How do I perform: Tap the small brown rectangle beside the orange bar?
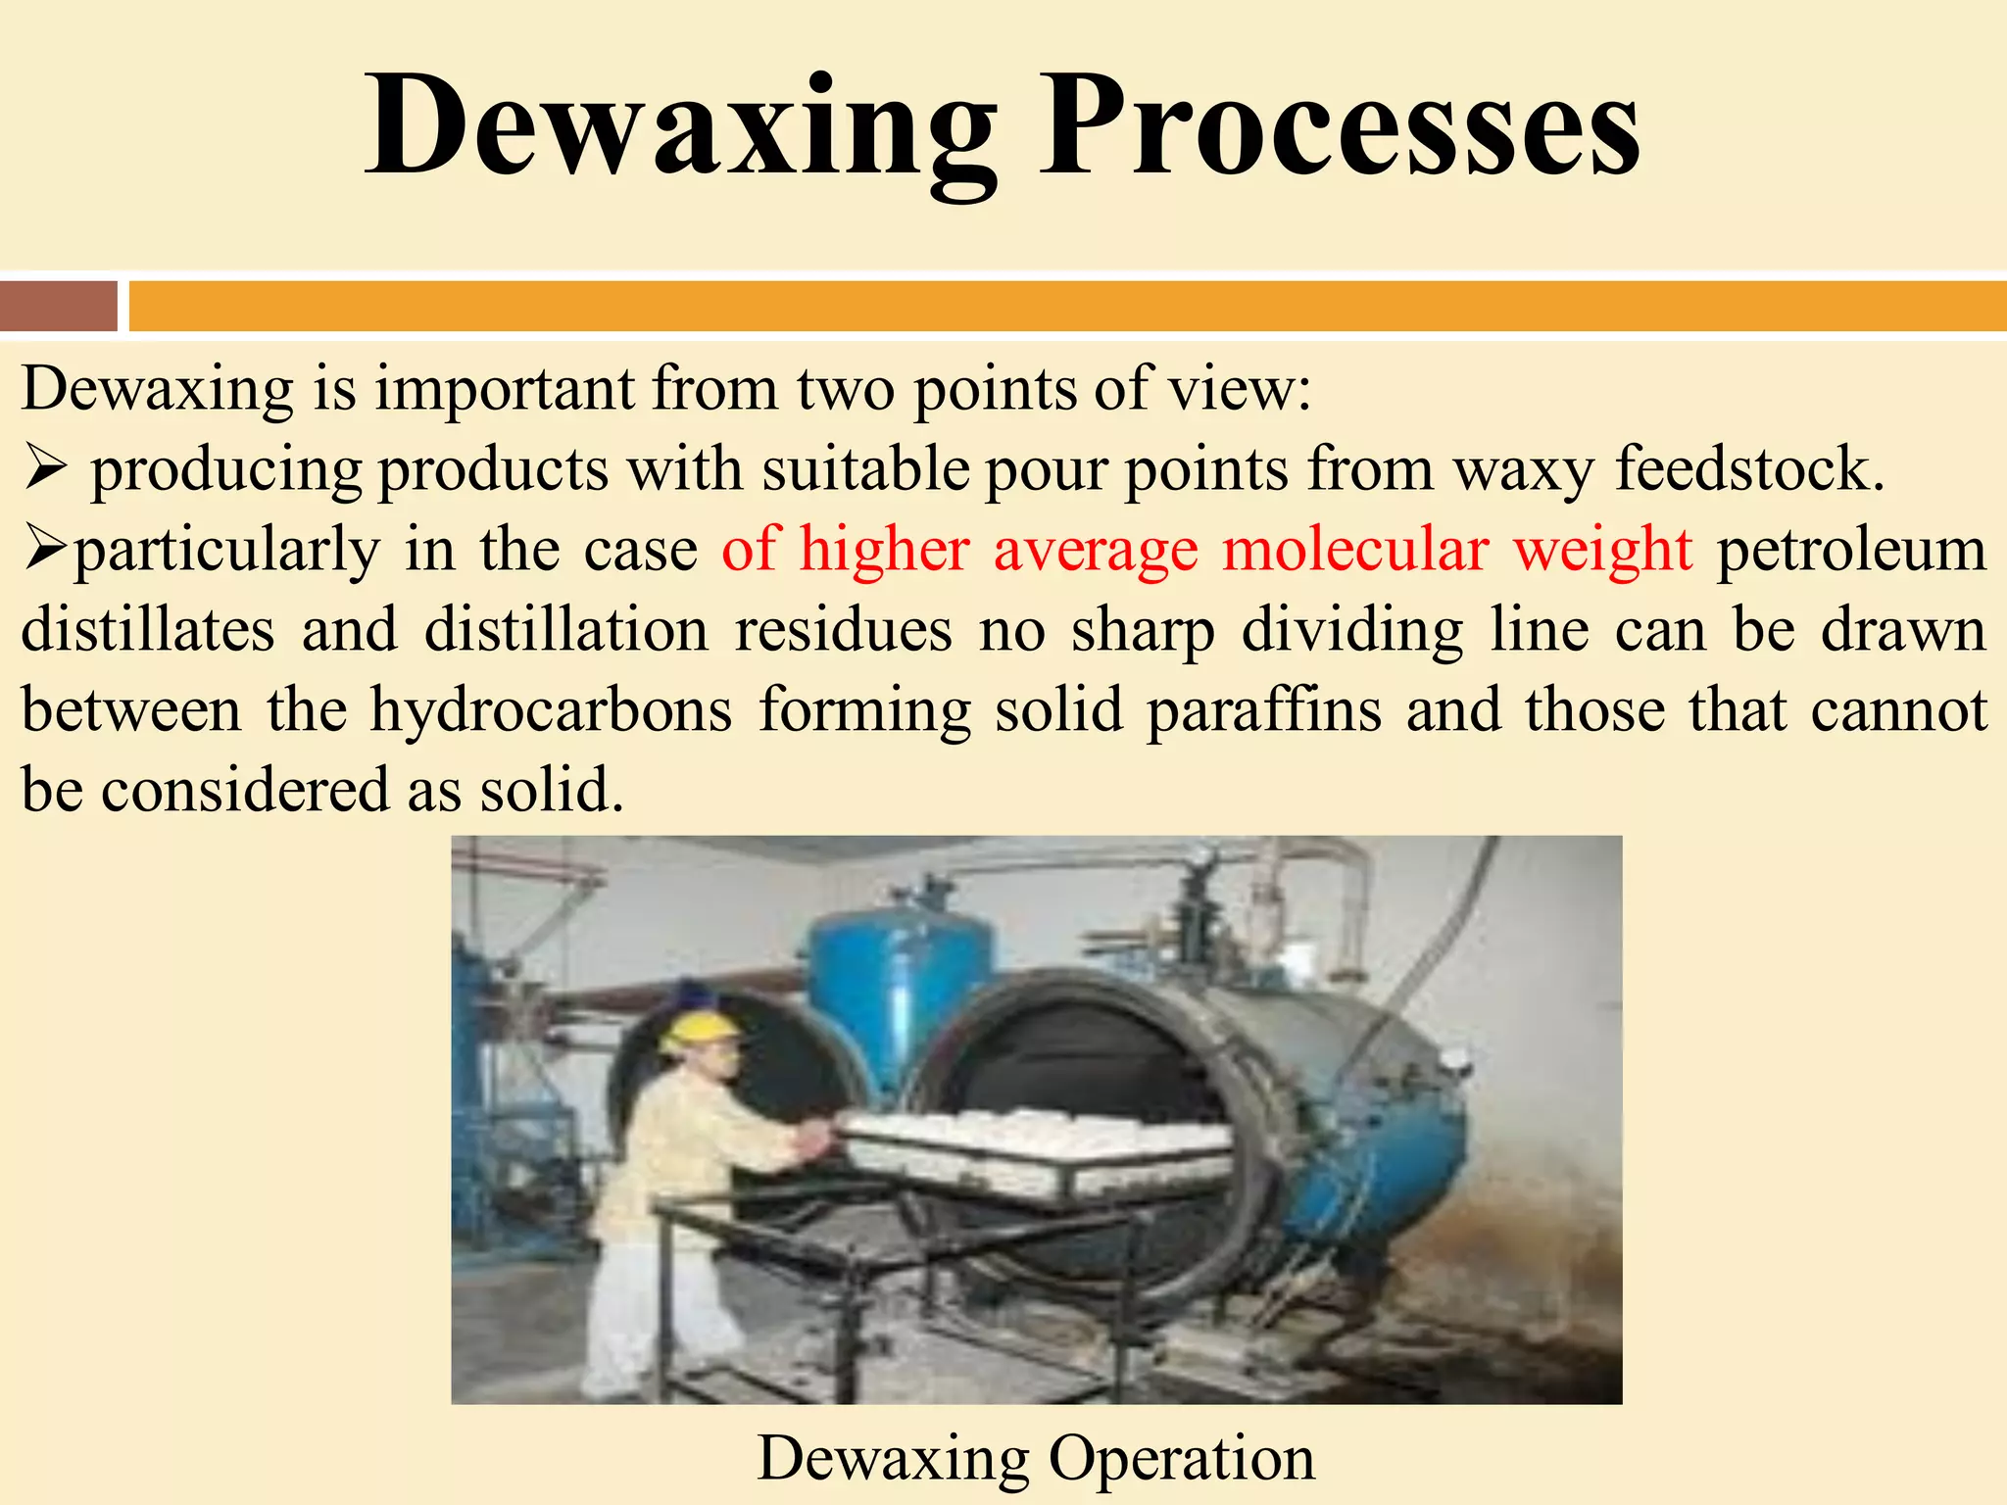click(x=59, y=306)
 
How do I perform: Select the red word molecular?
click(x=1355, y=549)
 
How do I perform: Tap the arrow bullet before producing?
click(x=45, y=468)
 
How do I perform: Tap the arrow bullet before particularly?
click(x=45, y=549)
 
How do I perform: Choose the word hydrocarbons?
click(x=551, y=709)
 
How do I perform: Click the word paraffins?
click(x=1264, y=709)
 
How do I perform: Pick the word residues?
click(x=843, y=630)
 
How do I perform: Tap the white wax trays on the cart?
click(x=1039, y=1141)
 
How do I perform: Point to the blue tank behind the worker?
click(x=897, y=980)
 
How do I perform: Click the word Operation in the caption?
click(x=1182, y=1459)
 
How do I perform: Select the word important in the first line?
click(x=505, y=389)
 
